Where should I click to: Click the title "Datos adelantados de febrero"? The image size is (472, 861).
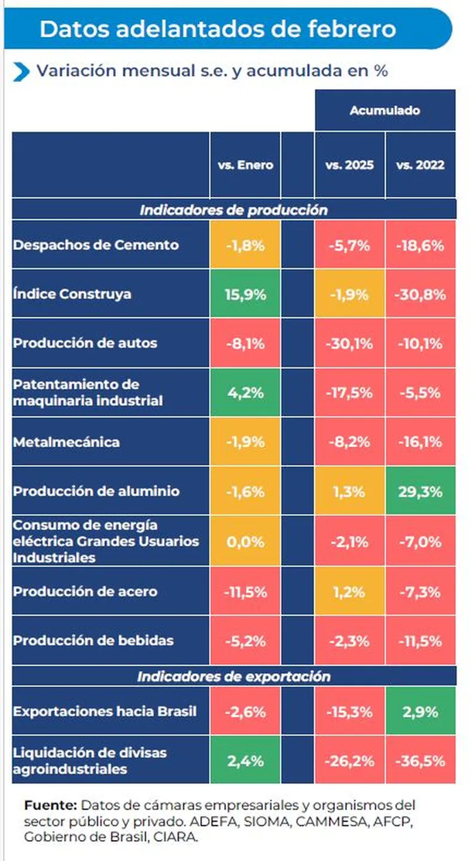click(217, 29)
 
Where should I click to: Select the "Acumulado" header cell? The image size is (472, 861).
click(385, 111)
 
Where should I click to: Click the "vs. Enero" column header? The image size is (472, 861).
click(245, 166)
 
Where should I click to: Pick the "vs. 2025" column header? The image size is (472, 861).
click(350, 166)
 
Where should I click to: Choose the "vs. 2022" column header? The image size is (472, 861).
click(419, 166)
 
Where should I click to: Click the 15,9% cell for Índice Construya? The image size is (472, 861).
click(245, 294)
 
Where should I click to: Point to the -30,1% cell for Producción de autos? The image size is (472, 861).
click(350, 343)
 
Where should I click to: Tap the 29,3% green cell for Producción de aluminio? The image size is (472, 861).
click(419, 491)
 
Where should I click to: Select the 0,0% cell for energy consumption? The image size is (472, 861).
click(245, 542)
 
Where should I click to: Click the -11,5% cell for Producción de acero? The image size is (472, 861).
click(245, 592)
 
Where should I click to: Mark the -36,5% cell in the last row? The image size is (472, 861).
click(419, 760)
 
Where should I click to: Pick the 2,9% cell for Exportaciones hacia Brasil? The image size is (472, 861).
click(419, 710)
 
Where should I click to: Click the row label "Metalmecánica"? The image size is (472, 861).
click(67, 442)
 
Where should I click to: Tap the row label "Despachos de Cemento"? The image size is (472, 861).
click(96, 245)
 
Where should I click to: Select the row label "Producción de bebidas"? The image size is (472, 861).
click(93, 641)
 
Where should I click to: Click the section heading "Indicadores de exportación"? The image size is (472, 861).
click(234, 677)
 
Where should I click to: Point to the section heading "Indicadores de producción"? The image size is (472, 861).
click(234, 210)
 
